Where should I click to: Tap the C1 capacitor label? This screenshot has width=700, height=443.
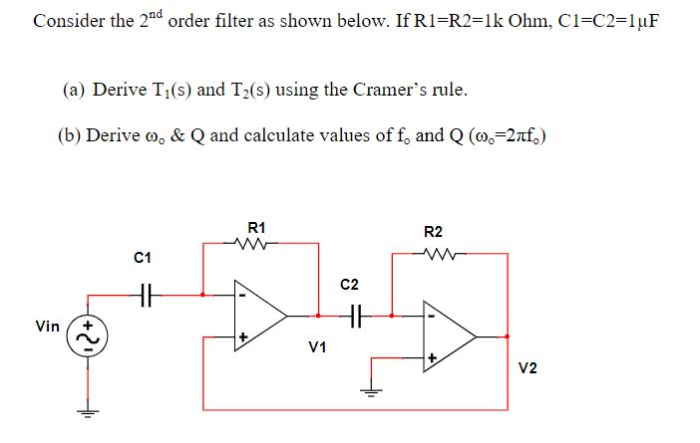142,259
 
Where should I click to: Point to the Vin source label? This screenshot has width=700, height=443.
46,326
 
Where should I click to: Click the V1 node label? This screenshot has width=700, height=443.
318,347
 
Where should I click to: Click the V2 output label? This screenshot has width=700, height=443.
527,369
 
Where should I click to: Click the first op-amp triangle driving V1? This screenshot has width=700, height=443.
260,315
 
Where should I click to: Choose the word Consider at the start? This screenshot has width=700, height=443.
65,22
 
